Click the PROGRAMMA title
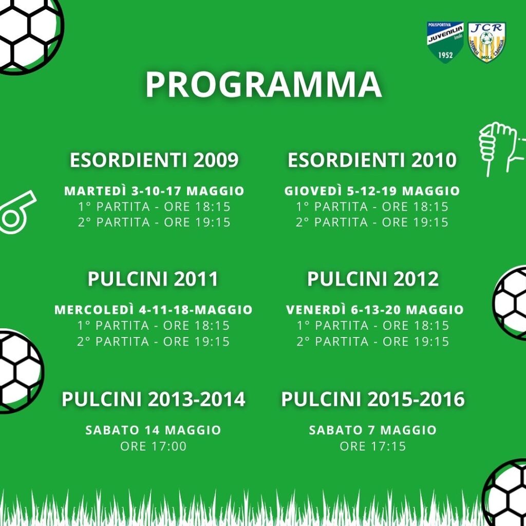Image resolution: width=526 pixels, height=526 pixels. pos(264,84)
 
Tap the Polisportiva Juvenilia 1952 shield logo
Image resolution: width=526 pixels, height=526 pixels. pos(445,42)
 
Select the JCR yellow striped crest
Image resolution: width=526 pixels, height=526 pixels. pos(487,42)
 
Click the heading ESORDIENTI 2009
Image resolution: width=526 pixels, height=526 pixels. pos(154,160)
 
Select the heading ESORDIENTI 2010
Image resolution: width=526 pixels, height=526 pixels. pos(372,160)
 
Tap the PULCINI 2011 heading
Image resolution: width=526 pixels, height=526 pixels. pos(153,279)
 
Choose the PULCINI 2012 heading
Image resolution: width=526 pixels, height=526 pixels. pos(373,279)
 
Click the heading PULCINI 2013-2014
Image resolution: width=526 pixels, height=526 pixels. pos(153,399)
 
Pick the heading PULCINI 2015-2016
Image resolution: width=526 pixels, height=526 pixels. pos(373,399)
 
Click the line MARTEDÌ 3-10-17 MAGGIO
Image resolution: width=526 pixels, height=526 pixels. pos(154,191)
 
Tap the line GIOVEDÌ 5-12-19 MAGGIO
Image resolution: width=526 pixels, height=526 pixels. pos(372,191)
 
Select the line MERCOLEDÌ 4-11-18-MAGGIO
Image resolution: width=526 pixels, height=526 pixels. pos(153,310)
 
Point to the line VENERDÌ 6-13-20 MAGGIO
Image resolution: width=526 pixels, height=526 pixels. pos(374,310)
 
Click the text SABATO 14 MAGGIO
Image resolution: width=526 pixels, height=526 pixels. pos(153,430)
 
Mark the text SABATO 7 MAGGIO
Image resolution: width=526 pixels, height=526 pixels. pos(373,430)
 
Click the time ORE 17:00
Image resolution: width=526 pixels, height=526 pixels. pos(153,446)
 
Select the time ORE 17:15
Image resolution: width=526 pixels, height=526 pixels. pos(373,446)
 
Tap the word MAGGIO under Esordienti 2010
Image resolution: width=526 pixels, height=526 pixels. pos(431,191)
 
